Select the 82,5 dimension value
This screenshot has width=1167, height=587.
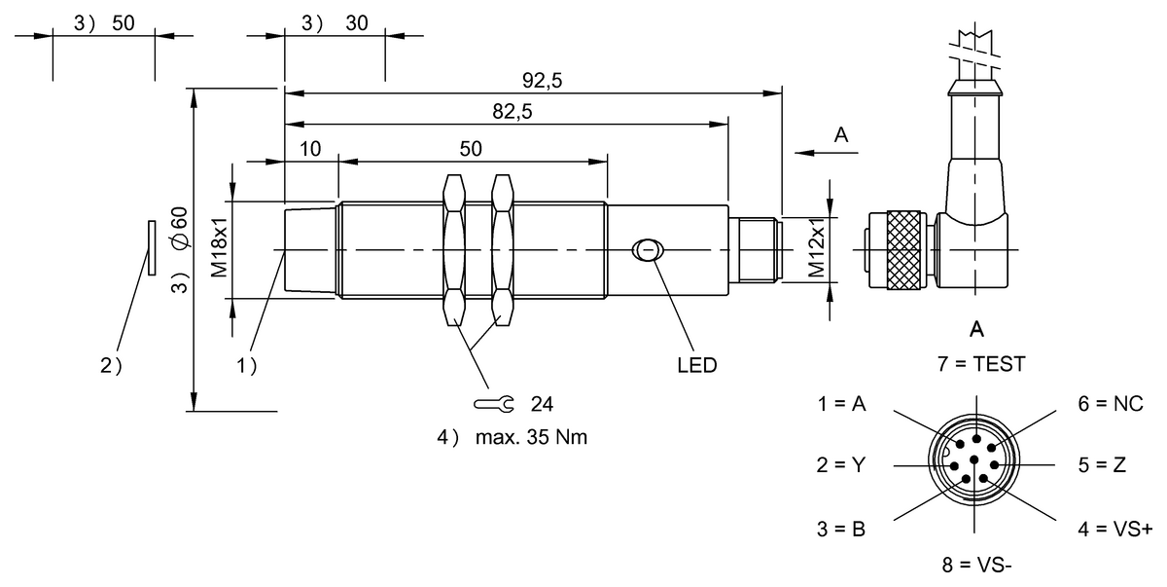coord(512,112)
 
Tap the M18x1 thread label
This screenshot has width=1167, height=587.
coord(219,250)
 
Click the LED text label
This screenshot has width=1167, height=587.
coord(696,366)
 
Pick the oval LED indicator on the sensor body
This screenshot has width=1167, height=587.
coord(646,250)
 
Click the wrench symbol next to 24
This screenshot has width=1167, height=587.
coord(494,403)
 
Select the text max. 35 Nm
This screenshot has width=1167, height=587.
coord(531,437)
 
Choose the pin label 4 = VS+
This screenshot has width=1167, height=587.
coord(1114,530)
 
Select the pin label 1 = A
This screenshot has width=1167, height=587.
coord(841,403)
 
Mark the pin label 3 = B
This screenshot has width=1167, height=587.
coord(841,530)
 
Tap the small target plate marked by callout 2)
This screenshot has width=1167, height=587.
coord(151,248)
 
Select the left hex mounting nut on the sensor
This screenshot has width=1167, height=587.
coord(453,250)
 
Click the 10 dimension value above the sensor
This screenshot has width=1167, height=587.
coord(310,149)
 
